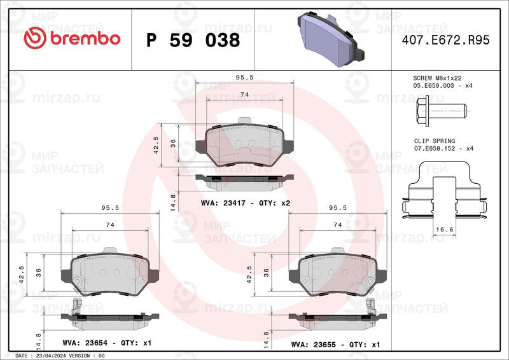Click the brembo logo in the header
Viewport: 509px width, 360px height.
point(72,38)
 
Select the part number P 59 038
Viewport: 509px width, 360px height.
point(193,40)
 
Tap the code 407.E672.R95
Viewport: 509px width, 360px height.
point(445,40)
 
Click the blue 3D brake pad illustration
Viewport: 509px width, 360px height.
point(331,39)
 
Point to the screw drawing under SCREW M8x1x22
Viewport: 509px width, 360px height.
point(442,111)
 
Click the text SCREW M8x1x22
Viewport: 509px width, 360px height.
point(437,78)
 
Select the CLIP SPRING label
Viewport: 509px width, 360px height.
point(435,141)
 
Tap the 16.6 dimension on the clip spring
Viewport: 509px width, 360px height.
point(444,230)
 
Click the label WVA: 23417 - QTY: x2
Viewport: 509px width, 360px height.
point(246,203)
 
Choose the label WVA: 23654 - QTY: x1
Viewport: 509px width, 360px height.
point(107,343)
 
